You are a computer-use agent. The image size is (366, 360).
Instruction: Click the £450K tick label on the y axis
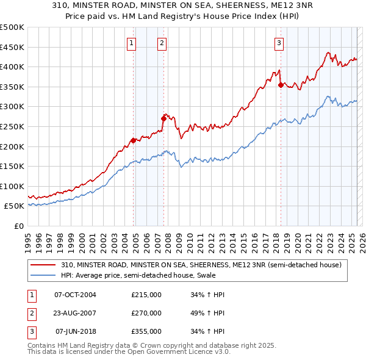12,47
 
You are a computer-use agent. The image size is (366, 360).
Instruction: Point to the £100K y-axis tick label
12,186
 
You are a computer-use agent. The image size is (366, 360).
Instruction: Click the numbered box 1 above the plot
132,43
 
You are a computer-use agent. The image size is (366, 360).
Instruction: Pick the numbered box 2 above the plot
162,43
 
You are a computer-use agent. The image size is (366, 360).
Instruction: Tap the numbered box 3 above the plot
279,43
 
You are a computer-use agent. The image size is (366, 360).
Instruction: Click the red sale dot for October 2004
133,141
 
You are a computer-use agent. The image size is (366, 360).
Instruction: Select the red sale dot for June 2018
281,85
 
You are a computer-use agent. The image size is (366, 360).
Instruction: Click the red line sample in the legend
44,265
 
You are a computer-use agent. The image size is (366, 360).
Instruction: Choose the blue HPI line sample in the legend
44,275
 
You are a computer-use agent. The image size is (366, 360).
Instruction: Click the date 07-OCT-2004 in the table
75,295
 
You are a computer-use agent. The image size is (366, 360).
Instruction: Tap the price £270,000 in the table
146,313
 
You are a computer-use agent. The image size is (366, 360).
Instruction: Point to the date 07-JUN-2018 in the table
76,332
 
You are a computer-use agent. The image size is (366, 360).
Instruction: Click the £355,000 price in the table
146,332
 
